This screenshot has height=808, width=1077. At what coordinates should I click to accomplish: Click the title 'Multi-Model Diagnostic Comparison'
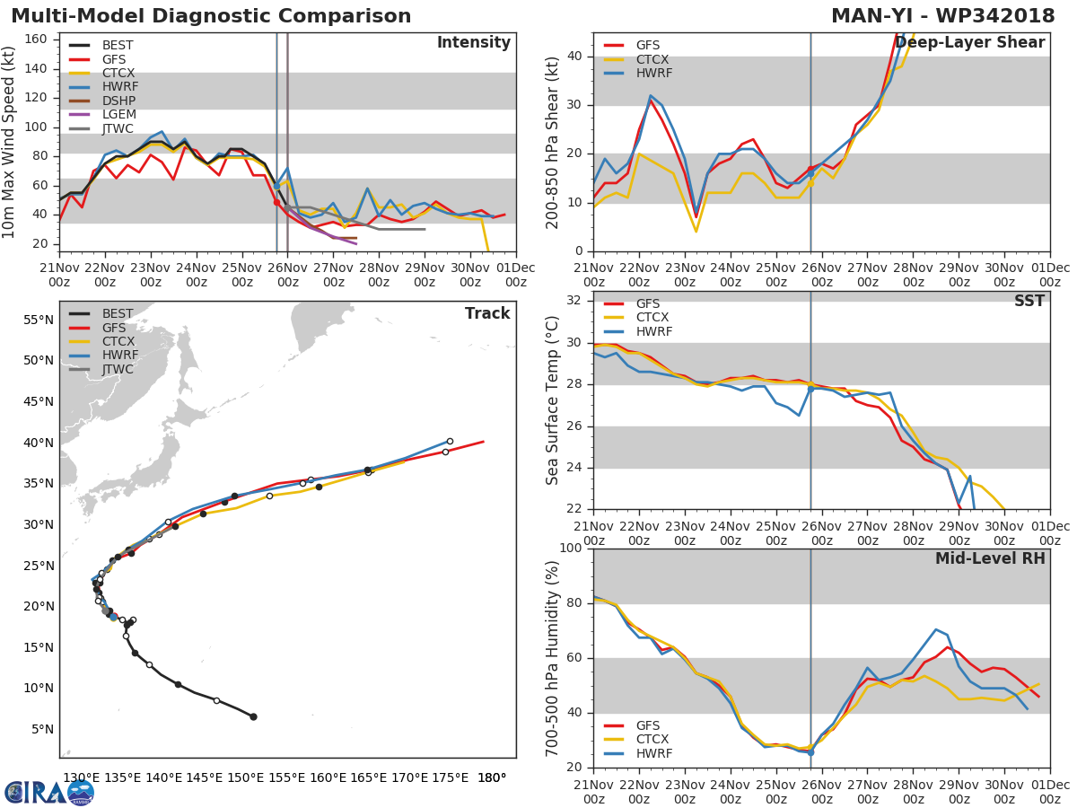point(211,16)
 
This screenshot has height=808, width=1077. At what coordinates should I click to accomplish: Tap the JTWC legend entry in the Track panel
point(118,369)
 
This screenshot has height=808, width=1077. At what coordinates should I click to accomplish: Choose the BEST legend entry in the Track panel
point(118,313)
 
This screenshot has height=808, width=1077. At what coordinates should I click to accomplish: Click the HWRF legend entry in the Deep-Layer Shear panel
point(653,73)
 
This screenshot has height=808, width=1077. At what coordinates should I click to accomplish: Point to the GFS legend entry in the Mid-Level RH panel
point(653,725)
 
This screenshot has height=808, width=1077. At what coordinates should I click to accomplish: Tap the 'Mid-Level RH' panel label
point(990,558)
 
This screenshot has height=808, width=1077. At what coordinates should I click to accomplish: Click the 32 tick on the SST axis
point(576,301)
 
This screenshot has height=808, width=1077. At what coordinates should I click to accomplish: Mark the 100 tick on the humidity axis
point(572,548)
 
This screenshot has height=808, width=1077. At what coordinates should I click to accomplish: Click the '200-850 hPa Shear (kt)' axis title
point(553,141)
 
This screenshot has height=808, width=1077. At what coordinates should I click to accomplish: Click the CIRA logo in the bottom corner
point(49,792)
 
